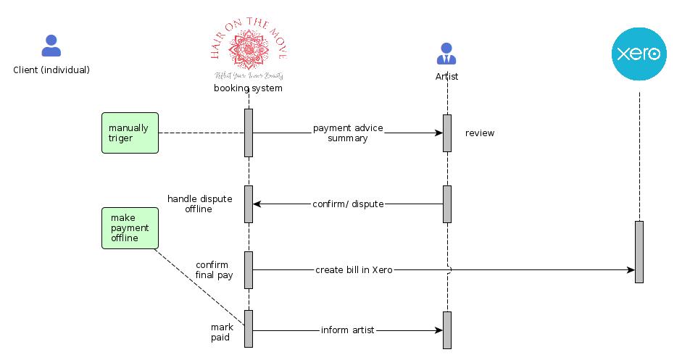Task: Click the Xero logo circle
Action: click(639, 53)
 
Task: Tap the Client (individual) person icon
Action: click(51, 46)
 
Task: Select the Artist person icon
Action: click(446, 53)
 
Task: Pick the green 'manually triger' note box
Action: click(130, 133)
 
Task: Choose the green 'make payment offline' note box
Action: click(130, 227)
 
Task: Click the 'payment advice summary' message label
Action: click(348, 133)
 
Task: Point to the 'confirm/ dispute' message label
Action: click(348, 204)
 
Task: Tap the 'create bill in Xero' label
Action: click(354, 270)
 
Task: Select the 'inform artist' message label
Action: click(348, 330)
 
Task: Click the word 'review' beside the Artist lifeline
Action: click(480, 133)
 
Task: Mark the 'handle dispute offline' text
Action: click(200, 204)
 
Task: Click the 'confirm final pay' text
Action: click(212, 270)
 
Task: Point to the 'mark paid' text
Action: click(222, 332)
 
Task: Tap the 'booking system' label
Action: click(248, 88)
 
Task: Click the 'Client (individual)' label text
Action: click(51, 70)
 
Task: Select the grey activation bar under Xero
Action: click(639, 251)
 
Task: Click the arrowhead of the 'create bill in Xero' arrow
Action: click(631, 270)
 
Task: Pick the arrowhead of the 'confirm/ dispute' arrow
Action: click(257, 204)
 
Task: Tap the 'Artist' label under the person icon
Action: click(446, 76)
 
